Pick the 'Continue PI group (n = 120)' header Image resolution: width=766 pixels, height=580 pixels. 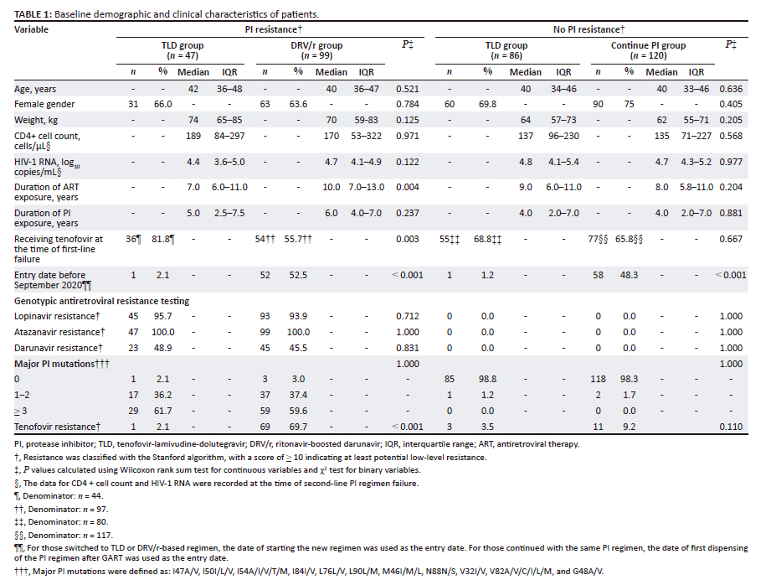(650, 50)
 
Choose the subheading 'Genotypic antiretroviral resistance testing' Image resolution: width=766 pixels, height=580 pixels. (101, 300)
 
